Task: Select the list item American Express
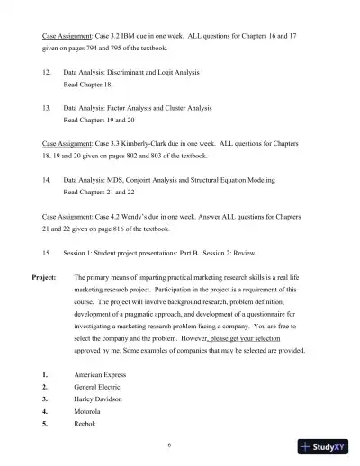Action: tap(101, 374)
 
